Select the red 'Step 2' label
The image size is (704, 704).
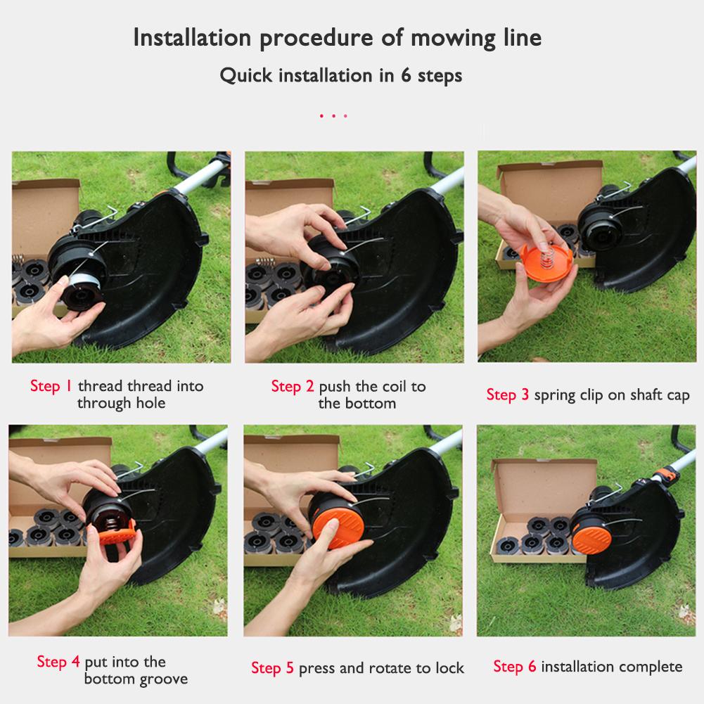click(293, 386)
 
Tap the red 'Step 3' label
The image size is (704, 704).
click(507, 395)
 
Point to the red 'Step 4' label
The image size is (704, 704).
click(58, 662)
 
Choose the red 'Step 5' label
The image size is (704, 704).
click(272, 667)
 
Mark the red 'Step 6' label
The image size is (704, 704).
click(514, 666)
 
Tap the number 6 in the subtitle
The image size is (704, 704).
click(406, 75)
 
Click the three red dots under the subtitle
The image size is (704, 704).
click(333, 115)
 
